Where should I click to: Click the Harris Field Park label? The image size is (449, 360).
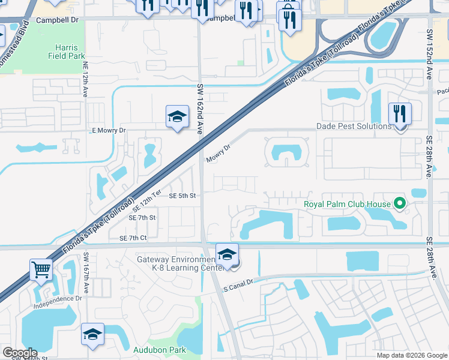tap(67, 51)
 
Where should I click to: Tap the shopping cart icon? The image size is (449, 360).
tap(41, 269)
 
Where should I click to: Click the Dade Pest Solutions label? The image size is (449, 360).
tap(354, 126)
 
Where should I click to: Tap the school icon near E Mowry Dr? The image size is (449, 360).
tap(177, 116)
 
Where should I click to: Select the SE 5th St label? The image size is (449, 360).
tap(182, 196)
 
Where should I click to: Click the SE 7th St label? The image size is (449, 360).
tap(142, 217)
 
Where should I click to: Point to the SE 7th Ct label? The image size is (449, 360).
tap(133, 238)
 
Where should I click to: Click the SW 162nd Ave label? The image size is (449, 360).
tap(200, 109)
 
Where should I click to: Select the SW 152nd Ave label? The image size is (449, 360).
tap(429, 55)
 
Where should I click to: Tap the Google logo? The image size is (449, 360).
tap(20, 353)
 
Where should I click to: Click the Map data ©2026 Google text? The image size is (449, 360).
tap(412, 355)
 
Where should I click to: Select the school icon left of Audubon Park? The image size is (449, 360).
tap(92, 334)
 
